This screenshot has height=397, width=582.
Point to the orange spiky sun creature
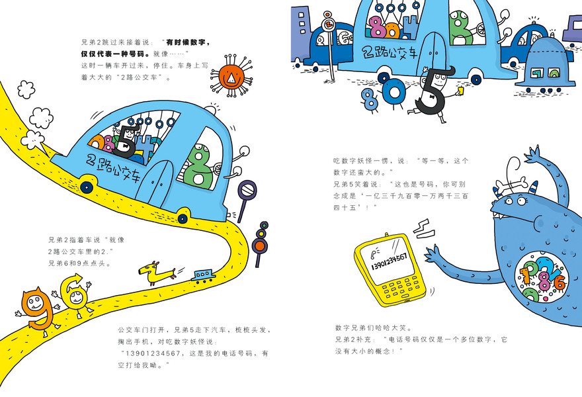point(231,79)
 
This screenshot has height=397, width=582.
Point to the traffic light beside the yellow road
point(259,238)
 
